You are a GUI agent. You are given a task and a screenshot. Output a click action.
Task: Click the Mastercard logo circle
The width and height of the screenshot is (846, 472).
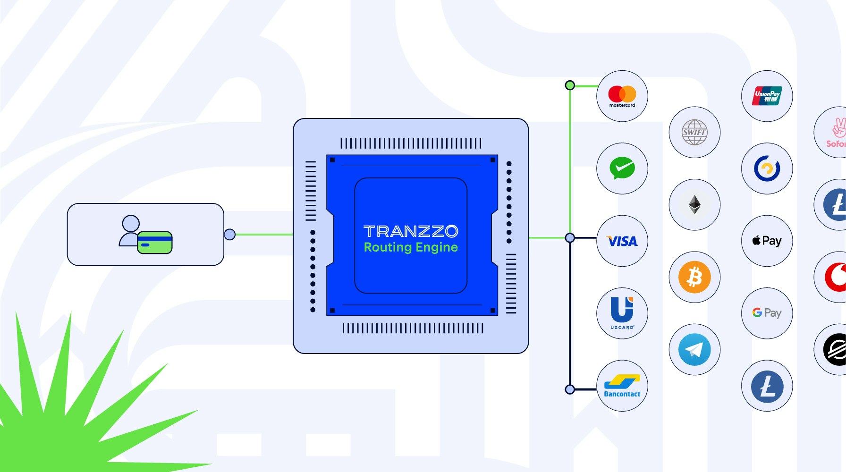pos(622,96)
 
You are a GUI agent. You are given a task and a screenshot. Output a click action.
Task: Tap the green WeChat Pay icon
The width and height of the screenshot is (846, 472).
pos(622,169)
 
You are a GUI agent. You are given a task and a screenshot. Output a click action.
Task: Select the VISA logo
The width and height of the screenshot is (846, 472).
pos(622,241)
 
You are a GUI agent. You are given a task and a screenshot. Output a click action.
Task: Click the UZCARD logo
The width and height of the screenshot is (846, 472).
pos(622,313)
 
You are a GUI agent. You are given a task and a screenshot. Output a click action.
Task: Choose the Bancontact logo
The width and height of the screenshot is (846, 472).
pos(622,386)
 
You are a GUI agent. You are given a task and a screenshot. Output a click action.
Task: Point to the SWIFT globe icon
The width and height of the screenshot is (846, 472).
pos(694,132)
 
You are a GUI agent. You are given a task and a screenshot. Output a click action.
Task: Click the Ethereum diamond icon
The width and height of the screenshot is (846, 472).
pos(694,205)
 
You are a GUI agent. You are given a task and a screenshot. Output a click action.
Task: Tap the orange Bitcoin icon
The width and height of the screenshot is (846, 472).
pos(694,277)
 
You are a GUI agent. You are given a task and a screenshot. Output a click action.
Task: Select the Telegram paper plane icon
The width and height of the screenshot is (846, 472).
pos(694,350)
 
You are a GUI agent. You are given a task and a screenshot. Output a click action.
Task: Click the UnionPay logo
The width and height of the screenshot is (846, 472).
pos(767,96)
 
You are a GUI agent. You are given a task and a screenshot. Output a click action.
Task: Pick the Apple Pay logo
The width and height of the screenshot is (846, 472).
pos(767,241)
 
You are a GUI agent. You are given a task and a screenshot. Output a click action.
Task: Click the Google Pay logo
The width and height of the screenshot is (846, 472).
pos(767,313)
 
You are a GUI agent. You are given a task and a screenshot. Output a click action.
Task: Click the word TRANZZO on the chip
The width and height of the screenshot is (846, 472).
pos(411,231)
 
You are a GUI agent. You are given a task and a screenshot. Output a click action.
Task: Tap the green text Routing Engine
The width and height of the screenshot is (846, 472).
pos(411,247)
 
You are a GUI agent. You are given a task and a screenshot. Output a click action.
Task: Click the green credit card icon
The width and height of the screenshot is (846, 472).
pos(154,243)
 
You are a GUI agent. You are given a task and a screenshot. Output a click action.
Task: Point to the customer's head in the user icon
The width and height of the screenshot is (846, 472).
pos(131,223)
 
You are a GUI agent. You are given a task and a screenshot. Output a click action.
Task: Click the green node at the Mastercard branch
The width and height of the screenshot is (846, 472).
pos(570,85)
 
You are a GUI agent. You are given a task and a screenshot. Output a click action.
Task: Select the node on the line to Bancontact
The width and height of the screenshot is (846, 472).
pos(570,389)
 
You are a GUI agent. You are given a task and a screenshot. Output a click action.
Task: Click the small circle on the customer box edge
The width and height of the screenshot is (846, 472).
pos(229,234)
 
